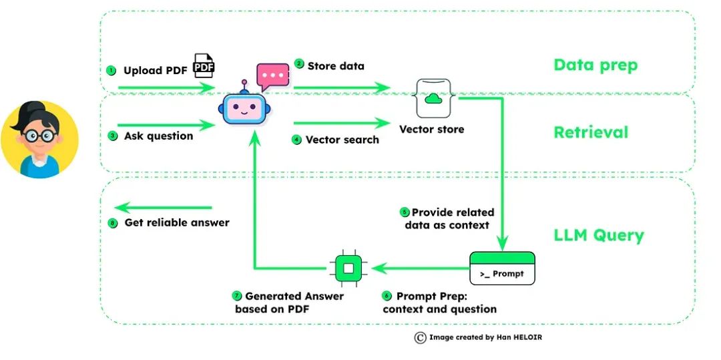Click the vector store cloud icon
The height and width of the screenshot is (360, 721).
point(435,99)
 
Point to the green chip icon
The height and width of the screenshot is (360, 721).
point(347,269)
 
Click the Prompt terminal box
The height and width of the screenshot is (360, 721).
point(502,268)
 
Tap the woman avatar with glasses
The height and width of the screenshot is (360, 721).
point(39,140)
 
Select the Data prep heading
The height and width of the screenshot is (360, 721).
point(595,65)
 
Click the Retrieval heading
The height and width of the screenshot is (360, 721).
point(591,132)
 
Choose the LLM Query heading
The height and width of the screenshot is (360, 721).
point(599,235)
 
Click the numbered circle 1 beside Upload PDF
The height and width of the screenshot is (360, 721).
point(111,71)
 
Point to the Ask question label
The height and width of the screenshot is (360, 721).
point(158,136)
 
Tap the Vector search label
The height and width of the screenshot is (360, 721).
point(342,140)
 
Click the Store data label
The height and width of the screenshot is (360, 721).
point(336,66)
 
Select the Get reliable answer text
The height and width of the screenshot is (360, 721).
point(177,222)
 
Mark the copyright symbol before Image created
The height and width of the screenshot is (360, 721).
point(420,338)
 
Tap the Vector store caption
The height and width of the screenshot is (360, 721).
point(431,129)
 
